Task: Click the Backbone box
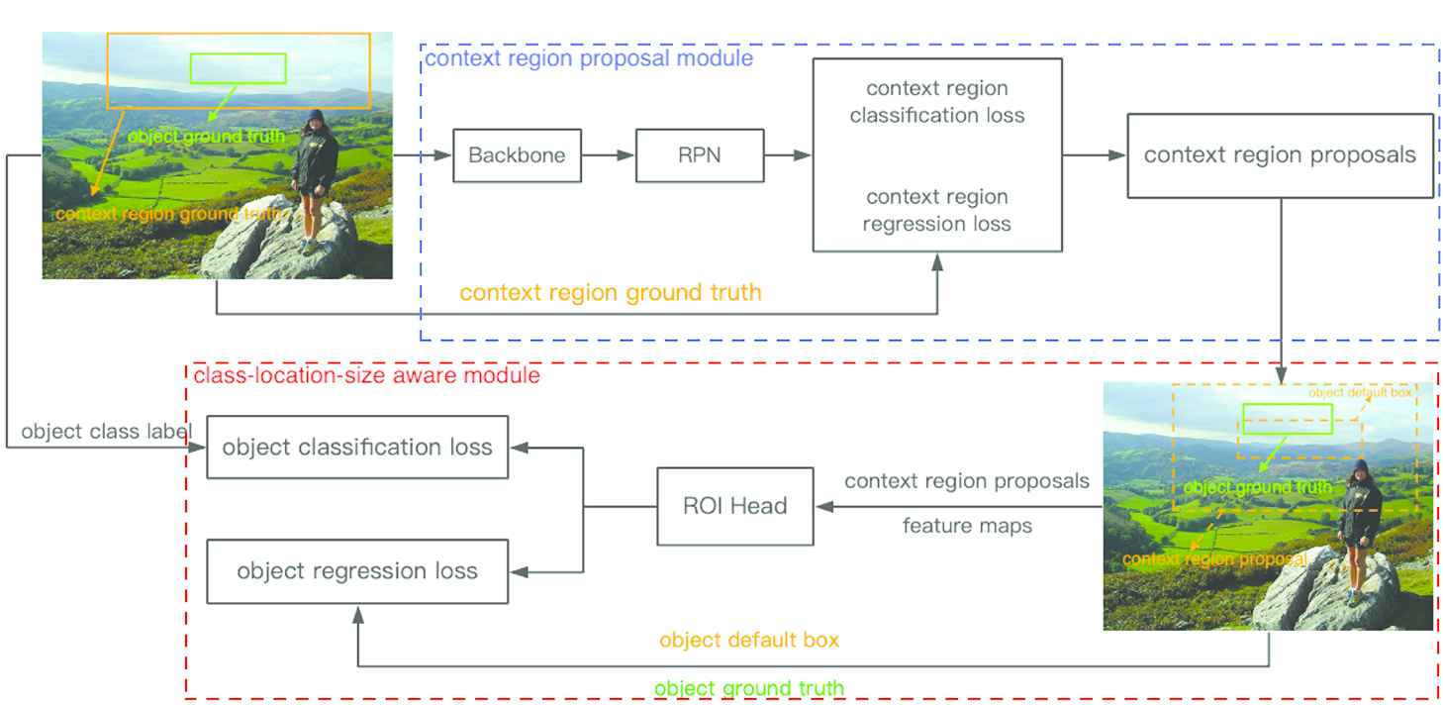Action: [x=517, y=155]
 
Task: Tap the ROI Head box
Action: [x=735, y=506]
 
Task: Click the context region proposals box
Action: [x=1280, y=155]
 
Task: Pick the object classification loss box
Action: [x=357, y=447]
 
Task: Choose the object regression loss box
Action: [x=357, y=571]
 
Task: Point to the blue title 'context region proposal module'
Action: [x=589, y=58]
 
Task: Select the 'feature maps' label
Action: [x=967, y=526]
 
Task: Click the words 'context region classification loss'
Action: [x=937, y=102]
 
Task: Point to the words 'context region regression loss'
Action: [x=937, y=210]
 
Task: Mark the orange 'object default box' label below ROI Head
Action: [x=749, y=640]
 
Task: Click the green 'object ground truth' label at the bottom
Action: [x=749, y=688]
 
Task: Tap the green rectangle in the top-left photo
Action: [x=238, y=68]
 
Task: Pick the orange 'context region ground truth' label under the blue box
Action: [x=611, y=292]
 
